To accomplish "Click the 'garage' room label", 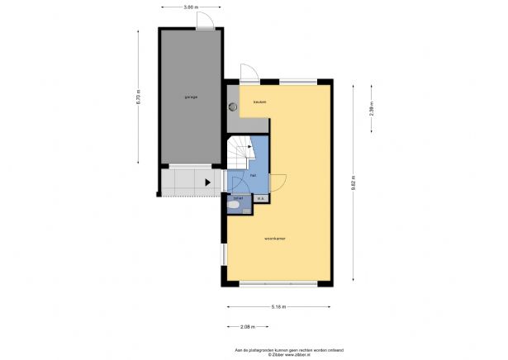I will click(x=190, y=97).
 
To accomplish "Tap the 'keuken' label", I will click(x=259, y=102).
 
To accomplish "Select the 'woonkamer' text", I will click(x=274, y=239).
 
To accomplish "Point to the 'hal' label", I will click(x=253, y=175).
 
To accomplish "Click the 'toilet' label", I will click(x=238, y=198).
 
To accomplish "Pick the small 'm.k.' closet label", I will click(x=260, y=198).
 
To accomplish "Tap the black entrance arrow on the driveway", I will click(x=207, y=182).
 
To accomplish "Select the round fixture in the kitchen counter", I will click(x=233, y=106).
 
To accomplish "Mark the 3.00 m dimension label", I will click(x=190, y=7).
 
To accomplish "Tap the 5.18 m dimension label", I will click(x=279, y=306).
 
